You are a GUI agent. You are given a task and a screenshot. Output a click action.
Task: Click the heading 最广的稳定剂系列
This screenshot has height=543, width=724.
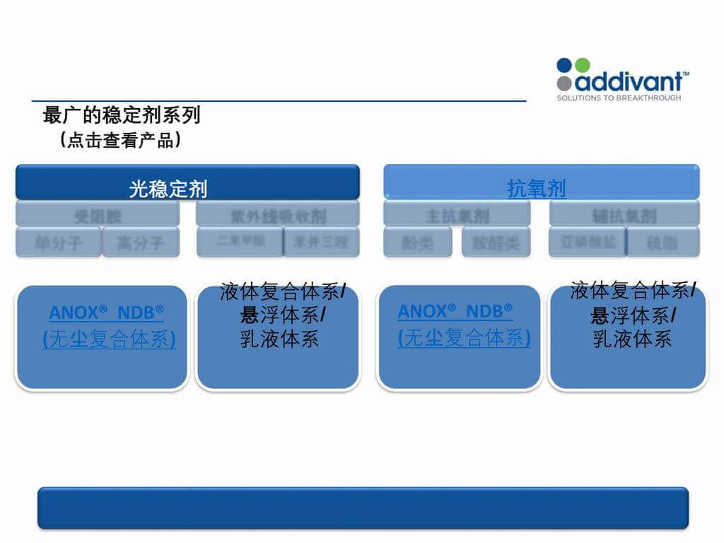click(x=122, y=114)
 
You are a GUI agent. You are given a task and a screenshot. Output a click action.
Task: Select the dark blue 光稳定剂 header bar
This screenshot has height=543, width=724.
click(x=187, y=182)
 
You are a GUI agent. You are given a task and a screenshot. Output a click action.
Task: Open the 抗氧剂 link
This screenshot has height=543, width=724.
click(x=537, y=188)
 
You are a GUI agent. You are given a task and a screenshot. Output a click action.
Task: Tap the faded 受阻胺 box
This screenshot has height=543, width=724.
click(x=98, y=214)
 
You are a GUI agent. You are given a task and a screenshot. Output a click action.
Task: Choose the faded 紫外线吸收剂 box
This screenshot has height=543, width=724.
click(x=278, y=214)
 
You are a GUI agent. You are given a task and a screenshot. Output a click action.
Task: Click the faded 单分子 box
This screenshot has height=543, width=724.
click(x=59, y=243)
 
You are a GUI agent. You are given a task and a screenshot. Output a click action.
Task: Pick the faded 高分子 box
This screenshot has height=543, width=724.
click(x=141, y=243)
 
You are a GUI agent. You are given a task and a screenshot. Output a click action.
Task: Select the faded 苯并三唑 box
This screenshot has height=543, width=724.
click(x=322, y=242)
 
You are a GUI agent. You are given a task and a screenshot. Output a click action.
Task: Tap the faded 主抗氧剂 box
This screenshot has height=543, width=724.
click(x=457, y=214)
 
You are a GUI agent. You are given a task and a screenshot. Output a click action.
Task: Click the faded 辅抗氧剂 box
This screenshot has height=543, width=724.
click(x=624, y=214)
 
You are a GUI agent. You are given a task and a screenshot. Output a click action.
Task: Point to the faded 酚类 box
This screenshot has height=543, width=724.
click(x=418, y=243)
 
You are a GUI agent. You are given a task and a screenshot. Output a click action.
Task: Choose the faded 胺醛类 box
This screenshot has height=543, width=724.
click(x=496, y=243)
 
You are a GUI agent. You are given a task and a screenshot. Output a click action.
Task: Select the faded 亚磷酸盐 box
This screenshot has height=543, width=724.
click(x=587, y=242)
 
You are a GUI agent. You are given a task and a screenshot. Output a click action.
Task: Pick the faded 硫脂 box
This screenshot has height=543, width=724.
click(x=662, y=242)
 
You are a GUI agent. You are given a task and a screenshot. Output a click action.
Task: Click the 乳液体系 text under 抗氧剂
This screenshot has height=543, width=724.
click(x=632, y=339)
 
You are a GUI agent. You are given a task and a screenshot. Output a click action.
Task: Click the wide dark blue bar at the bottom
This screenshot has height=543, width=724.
click(x=362, y=507)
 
